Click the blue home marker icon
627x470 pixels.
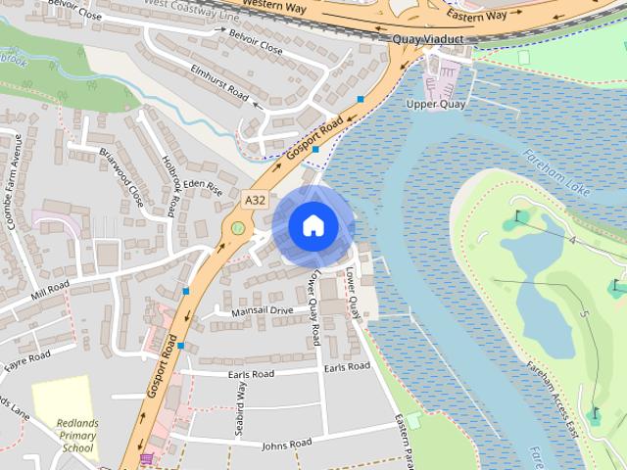313,225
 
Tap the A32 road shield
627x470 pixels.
255,200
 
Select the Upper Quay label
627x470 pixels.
435,104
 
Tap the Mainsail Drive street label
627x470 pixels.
262,310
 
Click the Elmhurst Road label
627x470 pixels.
220,81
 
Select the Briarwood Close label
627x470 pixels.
121,176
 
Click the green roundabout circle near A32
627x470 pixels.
237,229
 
